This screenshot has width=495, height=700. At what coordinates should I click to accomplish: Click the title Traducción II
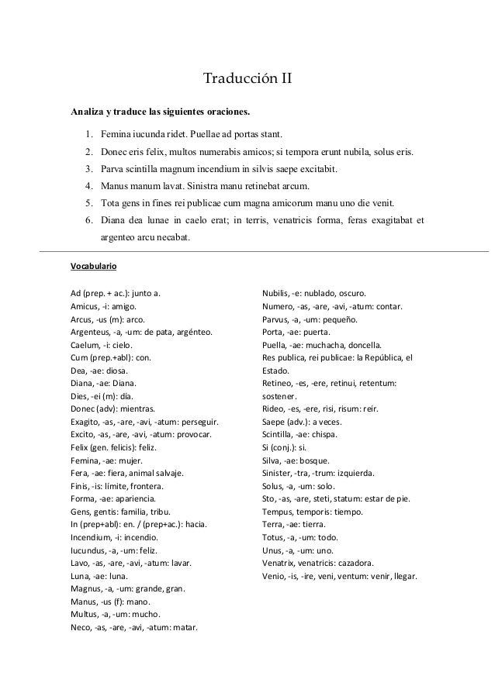pos(247,79)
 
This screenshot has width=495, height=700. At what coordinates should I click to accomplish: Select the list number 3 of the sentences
pos(89,169)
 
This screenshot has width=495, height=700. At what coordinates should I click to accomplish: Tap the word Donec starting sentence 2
pos(119,150)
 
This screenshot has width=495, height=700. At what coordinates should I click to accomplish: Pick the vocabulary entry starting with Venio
pos(341,576)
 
